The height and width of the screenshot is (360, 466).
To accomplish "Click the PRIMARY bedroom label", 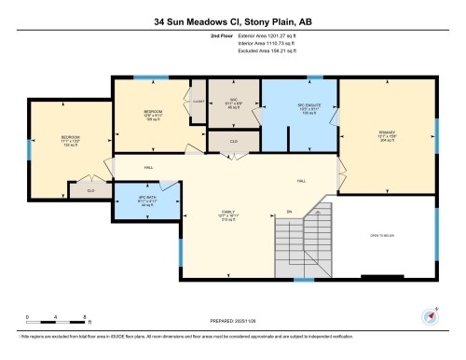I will click(x=388, y=133).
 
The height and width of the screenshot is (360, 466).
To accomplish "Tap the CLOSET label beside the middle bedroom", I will click(x=198, y=100).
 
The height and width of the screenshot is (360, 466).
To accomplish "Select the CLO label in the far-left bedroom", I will click(x=90, y=190).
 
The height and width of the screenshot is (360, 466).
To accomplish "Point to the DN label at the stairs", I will click(x=290, y=213).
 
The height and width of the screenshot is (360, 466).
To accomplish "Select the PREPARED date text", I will click(x=233, y=323).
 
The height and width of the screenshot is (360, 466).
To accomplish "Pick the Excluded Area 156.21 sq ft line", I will click(x=261, y=53).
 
